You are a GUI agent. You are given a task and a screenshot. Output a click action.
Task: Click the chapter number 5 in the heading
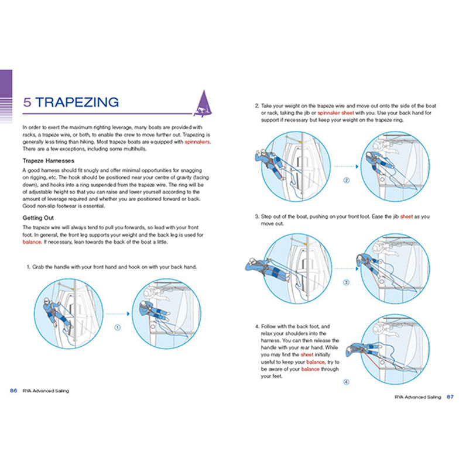[x=28, y=102]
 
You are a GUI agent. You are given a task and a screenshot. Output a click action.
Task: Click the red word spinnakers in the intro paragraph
[x=197, y=142]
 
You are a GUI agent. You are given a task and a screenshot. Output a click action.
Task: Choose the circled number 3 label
[x=346, y=282]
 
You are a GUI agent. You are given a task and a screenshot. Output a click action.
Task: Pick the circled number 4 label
[x=346, y=382]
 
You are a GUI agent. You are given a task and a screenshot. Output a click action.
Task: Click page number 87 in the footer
[x=450, y=397]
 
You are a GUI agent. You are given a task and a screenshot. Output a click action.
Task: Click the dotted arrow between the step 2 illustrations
[x=346, y=166]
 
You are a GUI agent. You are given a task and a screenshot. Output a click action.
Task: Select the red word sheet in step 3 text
[x=406, y=216]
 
